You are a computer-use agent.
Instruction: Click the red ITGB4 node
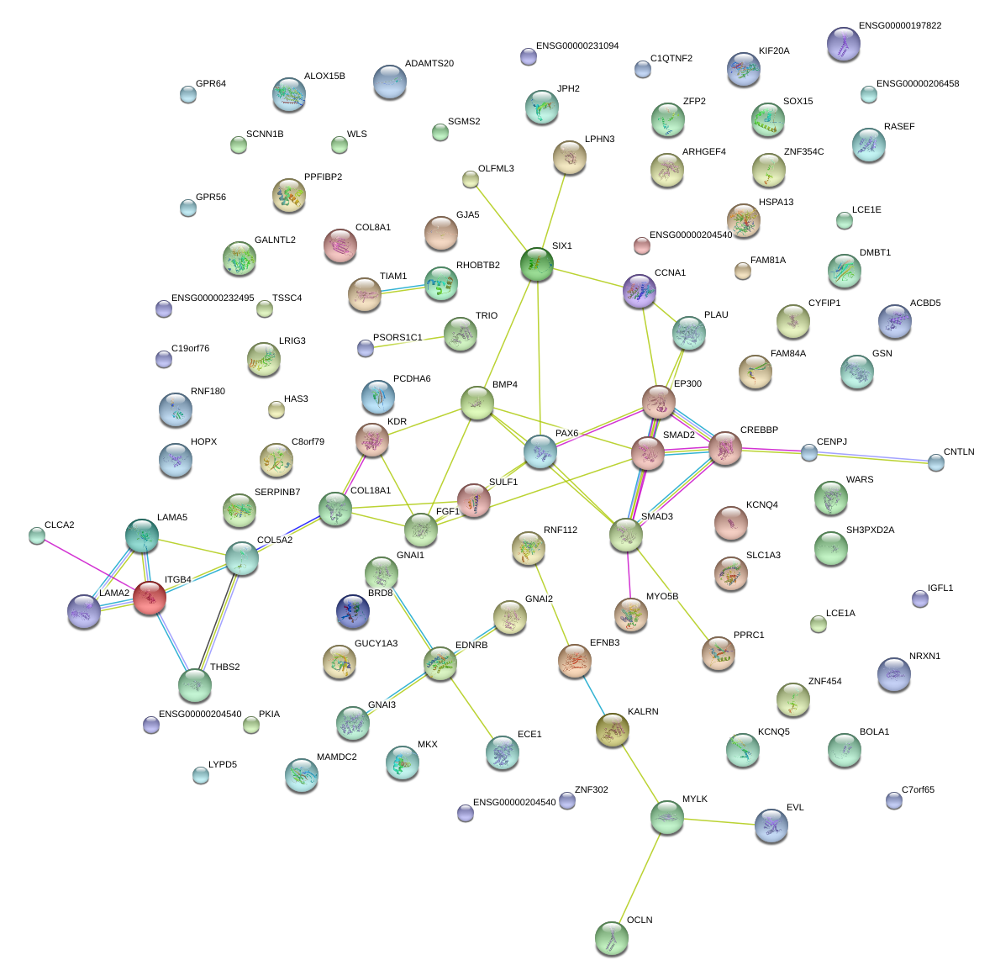150,598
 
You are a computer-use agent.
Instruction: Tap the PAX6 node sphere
540,451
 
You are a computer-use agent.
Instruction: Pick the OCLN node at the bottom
611,938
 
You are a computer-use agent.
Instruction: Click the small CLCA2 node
36,535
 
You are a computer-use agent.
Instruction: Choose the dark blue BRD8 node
352,612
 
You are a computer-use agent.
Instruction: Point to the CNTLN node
936,462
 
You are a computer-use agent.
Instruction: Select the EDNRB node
440,663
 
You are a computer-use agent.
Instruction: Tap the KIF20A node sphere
744,69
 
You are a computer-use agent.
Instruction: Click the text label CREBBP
759,430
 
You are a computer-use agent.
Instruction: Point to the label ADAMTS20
429,63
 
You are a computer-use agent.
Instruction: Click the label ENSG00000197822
899,25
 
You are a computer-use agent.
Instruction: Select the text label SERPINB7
276,492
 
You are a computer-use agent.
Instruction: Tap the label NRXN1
924,656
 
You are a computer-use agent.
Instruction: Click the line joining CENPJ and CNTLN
872,456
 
